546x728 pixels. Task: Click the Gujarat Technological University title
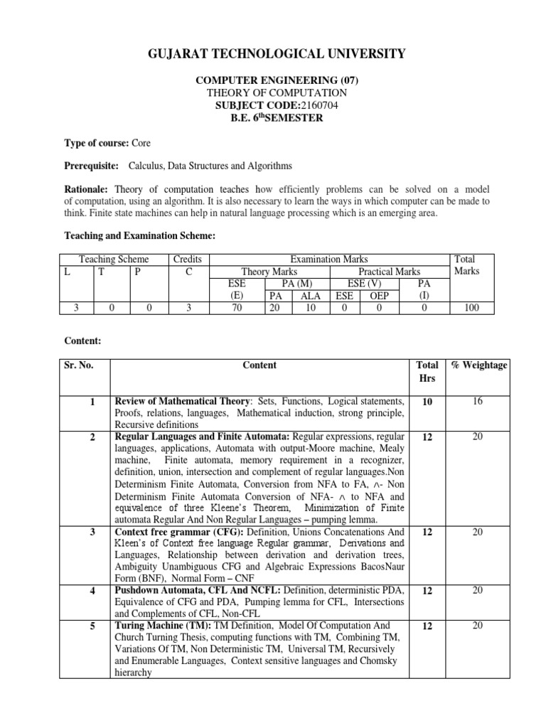tap(277, 53)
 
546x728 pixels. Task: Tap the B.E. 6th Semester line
tap(277, 118)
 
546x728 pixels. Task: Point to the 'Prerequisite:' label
tap(92, 166)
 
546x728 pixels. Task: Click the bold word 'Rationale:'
tap(86, 189)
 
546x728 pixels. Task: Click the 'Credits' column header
tap(188, 260)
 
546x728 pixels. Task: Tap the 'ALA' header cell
tap(311, 296)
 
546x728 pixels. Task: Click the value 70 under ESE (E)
tap(235, 308)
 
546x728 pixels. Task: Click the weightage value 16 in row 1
tap(478, 402)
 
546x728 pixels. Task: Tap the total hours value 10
tap(427, 402)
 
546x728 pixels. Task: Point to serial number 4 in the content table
tap(92, 590)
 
